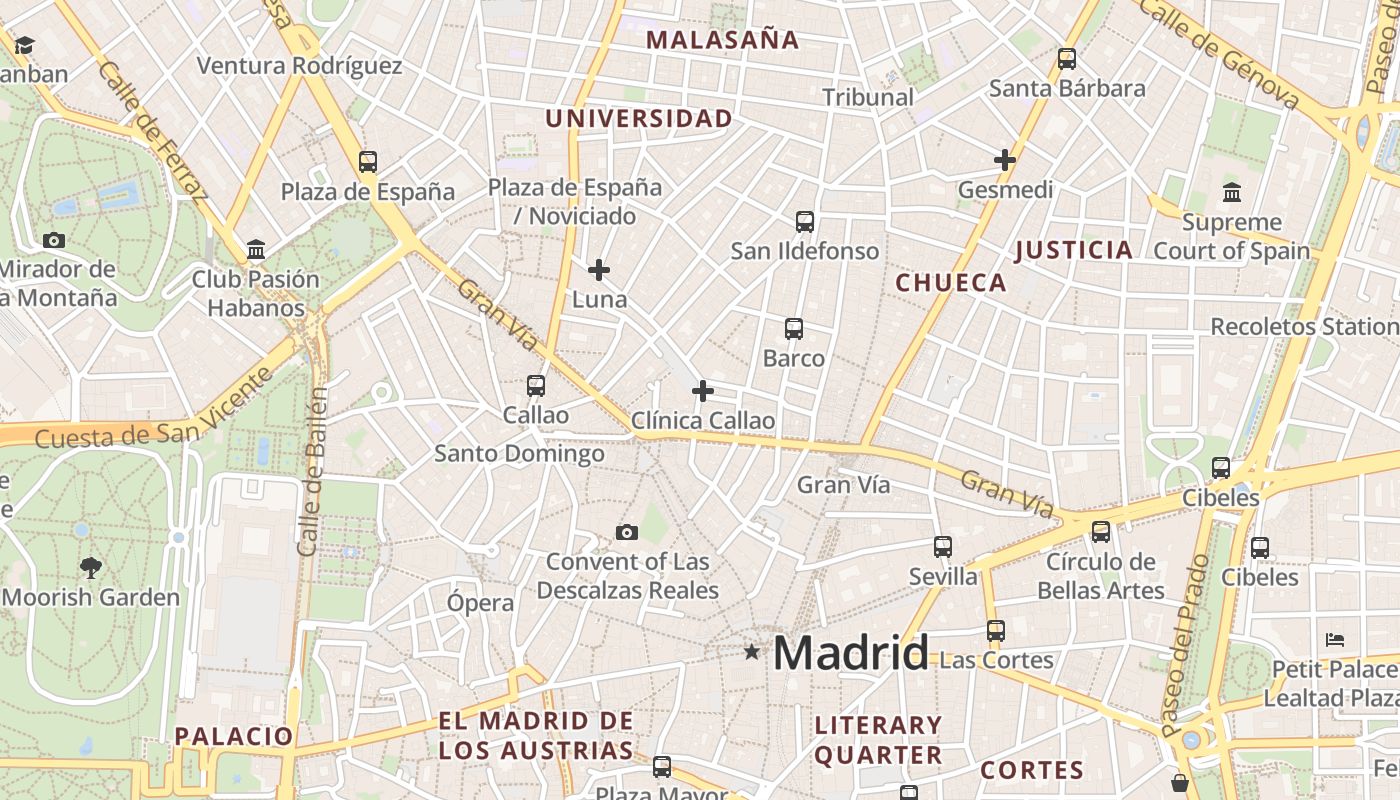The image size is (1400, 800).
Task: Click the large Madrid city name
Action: tap(851, 653)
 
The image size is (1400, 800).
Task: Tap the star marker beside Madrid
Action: tap(752, 652)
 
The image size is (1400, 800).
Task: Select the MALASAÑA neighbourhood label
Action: tap(722, 40)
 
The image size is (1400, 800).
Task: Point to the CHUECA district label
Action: tap(951, 283)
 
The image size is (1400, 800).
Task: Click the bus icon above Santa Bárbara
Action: tap(1067, 59)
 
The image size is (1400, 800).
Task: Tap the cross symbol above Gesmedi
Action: tap(1005, 160)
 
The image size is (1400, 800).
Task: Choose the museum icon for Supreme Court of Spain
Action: tap(1232, 192)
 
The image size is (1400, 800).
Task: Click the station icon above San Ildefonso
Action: tap(805, 222)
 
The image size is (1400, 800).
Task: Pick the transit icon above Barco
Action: tap(794, 329)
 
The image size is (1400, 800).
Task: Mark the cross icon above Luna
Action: tap(599, 270)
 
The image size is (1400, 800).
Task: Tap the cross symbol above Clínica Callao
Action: tap(703, 391)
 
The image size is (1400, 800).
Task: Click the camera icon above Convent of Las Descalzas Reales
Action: tap(627, 532)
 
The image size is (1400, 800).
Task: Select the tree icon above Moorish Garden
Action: tap(91, 568)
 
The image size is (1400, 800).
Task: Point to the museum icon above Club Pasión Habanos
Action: tap(256, 249)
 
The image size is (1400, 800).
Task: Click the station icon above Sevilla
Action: tap(943, 547)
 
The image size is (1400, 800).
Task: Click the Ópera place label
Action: tap(480, 603)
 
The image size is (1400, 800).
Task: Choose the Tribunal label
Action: tap(868, 97)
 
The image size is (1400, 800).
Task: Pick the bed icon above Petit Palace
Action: tap(1335, 639)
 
